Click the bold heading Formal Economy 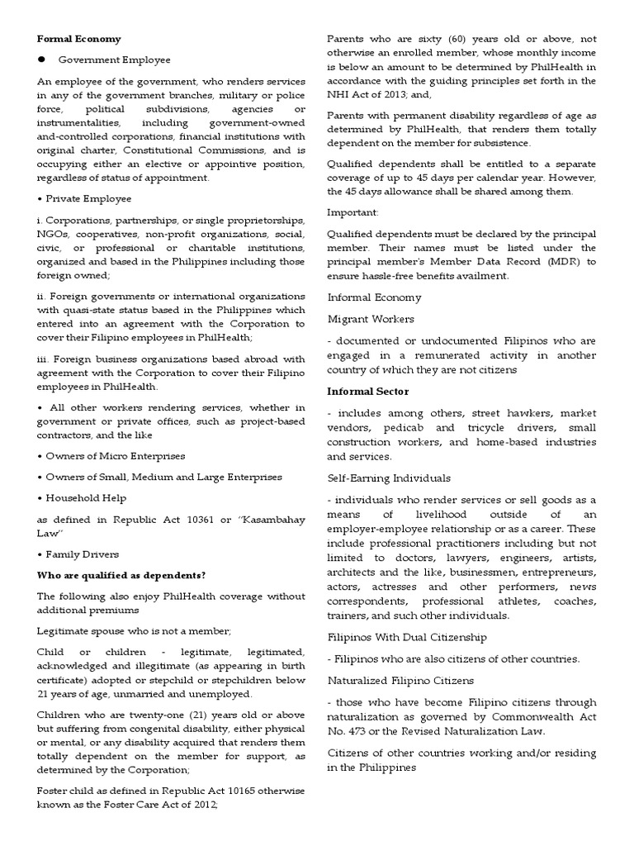pos(79,39)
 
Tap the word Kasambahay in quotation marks pos(270,520)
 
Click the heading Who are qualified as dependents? pos(121,575)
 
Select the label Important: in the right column pos(353,211)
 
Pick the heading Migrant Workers pos(371,319)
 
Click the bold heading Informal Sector pos(367,392)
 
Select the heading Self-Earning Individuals pos(389,478)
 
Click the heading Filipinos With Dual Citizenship pos(407,637)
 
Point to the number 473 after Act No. pos(355,731)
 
